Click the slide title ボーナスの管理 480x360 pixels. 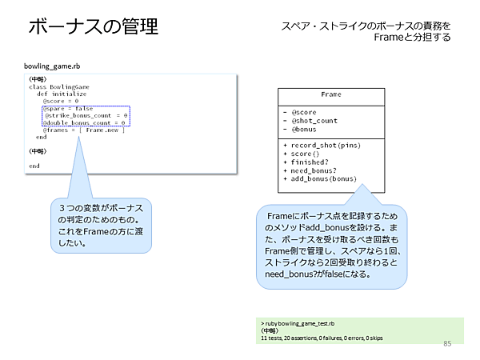tap(93, 26)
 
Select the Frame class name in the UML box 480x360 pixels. tap(330, 94)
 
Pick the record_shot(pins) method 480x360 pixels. tap(327, 145)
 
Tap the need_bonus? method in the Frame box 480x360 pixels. tap(315, 170)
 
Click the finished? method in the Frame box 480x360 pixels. tap(310, 162)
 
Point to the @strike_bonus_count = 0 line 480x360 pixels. tap(86, 116)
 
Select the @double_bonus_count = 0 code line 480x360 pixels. tap(86, 123)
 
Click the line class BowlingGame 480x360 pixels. tap(59, 86)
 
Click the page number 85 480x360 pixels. tap(446, 344)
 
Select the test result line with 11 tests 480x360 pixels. tap(321, 338)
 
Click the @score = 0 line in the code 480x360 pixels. tap(61, 102)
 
